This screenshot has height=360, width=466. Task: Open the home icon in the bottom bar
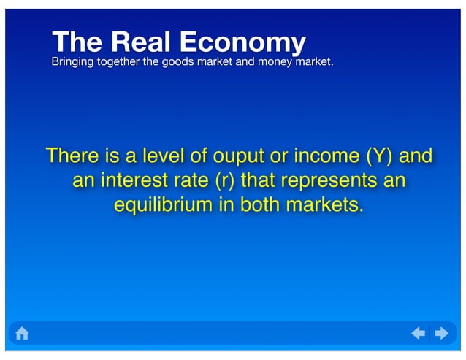(x=22, y=334)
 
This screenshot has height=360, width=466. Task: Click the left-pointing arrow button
(x=419, y=334)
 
